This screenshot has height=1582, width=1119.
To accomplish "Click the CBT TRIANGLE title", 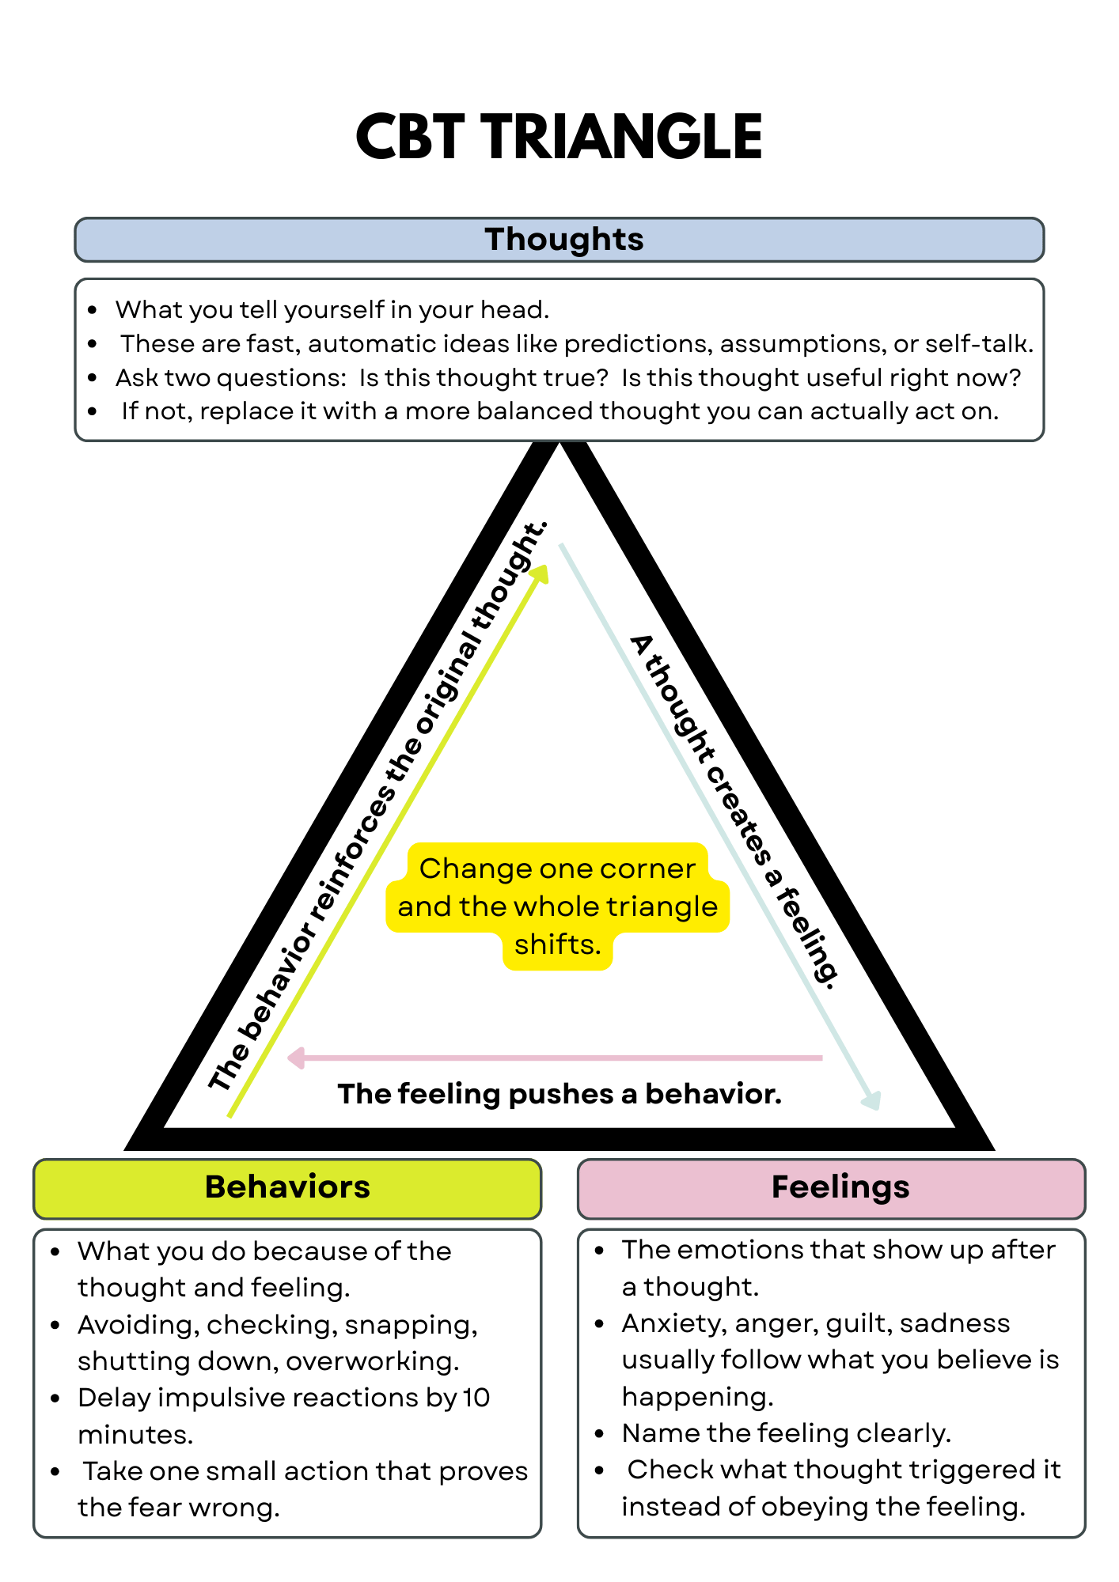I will click(x=559, y=137).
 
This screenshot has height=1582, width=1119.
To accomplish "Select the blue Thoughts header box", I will click(x=559, y=240).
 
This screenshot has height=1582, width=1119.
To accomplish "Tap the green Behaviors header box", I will click(x=287, y=1188).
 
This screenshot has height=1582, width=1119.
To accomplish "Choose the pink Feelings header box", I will click(x=831, y=1188).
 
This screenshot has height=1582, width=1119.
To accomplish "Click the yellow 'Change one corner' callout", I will click(x=558, y=906).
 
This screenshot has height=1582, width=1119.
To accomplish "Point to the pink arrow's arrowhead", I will click(x=296, y=1058).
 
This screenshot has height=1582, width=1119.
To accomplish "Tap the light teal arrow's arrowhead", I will click(x=871, y=1100).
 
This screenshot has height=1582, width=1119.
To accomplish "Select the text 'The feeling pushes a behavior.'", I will click(x=559, y=1094).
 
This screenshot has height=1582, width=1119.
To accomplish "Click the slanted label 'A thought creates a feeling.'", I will click(x=734, y=811).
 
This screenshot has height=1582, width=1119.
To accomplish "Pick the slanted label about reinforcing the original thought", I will click(x=377, y=807).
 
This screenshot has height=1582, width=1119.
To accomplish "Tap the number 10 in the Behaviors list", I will click(x=476, y=1398).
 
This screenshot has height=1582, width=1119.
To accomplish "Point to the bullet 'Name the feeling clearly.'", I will click(x=786, y=1433).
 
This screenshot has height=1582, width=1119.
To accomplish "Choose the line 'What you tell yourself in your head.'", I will click(x=332, y=309).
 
